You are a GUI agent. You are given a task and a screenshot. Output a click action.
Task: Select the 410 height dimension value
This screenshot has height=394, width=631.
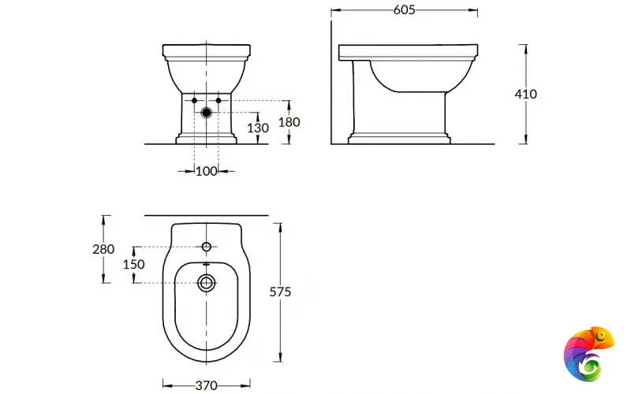[525, 94]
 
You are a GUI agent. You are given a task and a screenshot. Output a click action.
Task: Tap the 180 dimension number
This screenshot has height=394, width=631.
[289, 122]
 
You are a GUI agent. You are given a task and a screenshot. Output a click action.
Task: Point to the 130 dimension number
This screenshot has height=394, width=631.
[257, 128]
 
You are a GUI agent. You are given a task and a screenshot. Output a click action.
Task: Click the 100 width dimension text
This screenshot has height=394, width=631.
[207, 171]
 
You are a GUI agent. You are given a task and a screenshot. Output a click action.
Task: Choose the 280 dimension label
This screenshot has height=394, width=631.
[103, 249]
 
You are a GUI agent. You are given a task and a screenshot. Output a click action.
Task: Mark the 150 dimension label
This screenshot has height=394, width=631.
[133, 264]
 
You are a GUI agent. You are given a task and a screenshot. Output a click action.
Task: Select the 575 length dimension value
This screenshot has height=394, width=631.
[281, 292]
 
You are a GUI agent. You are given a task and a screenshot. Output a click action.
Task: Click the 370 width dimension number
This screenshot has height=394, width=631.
[207, 385]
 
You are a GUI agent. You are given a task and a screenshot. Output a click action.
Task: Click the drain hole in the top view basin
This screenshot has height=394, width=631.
[207, 283]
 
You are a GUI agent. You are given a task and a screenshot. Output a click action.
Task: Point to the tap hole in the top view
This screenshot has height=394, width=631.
[207, 247]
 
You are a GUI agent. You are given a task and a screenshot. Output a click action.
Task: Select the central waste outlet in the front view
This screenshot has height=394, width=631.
[207, 112]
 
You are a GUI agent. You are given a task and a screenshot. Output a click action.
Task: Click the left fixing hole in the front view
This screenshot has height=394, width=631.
[194, 101]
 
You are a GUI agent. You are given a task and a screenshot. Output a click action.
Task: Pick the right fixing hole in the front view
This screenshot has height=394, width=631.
[219, 101]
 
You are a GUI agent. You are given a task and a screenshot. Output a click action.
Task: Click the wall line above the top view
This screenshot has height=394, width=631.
[207, 214]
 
